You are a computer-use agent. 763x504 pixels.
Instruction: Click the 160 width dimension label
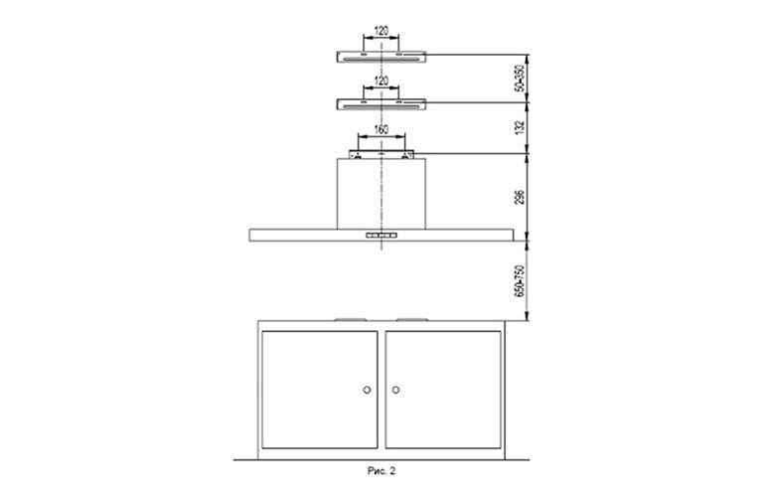(x=381, y=129)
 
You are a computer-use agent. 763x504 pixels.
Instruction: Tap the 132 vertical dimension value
(x=521, y=127)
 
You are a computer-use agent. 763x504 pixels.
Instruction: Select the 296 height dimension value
(x=521, y=197)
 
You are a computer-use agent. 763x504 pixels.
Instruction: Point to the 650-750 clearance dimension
(x=521, y=281)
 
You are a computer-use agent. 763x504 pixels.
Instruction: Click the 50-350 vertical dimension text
(x=521, y=79)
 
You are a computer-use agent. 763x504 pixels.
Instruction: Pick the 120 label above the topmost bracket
(x=381, y=31)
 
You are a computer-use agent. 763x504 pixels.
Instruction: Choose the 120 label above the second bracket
(x=381, y=81)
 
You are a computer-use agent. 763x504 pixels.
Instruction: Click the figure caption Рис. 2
(x=381, y=471)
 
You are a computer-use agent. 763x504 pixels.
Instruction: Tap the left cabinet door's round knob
(x=367, y=390)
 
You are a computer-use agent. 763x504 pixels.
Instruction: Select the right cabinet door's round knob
(x=395, y=390)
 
